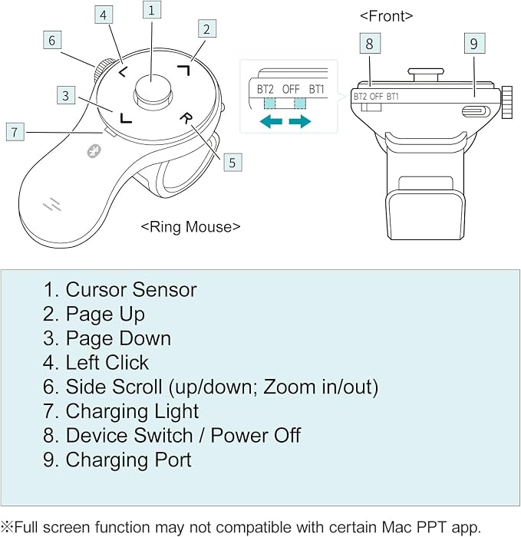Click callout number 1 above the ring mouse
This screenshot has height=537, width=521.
point(152,10)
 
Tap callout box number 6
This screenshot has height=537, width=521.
point(52,40)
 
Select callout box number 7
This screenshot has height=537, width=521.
point(15,132)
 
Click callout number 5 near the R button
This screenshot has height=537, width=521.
point(232,163)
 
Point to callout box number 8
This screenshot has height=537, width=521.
point(370,44)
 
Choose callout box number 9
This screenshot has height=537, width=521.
point(474,44)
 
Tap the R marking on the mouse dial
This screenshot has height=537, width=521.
point(186,118)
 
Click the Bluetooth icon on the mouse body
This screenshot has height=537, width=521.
point(94,150)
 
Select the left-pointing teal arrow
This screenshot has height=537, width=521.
point(272,121)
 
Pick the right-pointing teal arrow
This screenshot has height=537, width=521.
point(300,121)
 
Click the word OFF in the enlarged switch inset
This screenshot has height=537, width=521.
point(291,90)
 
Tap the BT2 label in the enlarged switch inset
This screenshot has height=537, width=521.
point(265,90)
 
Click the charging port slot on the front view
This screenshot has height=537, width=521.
point(476,111)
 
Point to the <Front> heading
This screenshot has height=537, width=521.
point(387,16)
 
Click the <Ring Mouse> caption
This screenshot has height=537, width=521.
point(190,226)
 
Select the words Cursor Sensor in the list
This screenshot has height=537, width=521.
point(131,290)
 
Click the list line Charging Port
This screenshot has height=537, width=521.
point(117,460)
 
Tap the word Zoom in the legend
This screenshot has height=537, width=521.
point(289,387)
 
